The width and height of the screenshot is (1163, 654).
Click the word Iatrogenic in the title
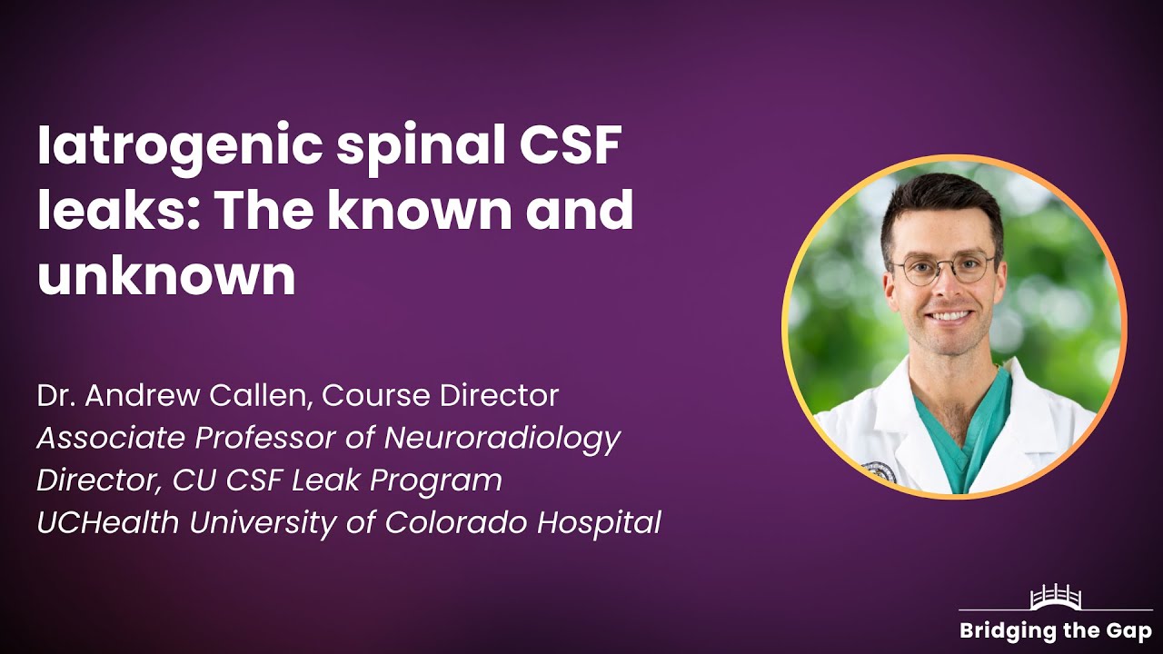(x=176, y=148)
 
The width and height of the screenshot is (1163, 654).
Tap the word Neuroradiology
(x=502, y=439)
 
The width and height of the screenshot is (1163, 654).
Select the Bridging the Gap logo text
(x=1055, y=631)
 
